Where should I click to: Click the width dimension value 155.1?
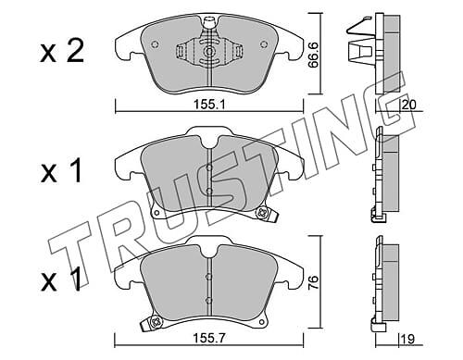pos(209,105)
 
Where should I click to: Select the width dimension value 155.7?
pos(209,339)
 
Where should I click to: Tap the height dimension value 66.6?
pos(314,56)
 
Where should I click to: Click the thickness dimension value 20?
pos(409,105)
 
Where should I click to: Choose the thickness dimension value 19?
pos(407,339)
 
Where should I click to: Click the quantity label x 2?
pos(62,52)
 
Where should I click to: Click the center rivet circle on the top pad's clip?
pos(209,51)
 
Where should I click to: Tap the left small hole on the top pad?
pos(155,44)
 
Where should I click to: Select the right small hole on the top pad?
pos(264,44)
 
